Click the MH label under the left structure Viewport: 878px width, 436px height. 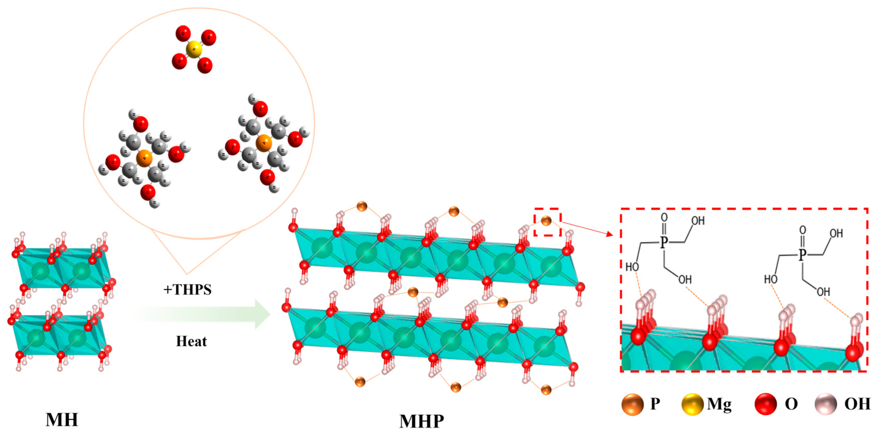62,420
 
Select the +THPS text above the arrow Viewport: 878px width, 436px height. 187,289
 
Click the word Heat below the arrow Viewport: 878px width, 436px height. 191,341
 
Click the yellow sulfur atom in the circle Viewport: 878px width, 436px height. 194,49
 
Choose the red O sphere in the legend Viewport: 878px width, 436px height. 766,404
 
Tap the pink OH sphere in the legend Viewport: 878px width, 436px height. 826,404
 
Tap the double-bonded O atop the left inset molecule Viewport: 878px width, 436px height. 664,217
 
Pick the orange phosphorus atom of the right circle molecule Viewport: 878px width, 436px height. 264,143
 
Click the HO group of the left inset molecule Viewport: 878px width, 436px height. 632,267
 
